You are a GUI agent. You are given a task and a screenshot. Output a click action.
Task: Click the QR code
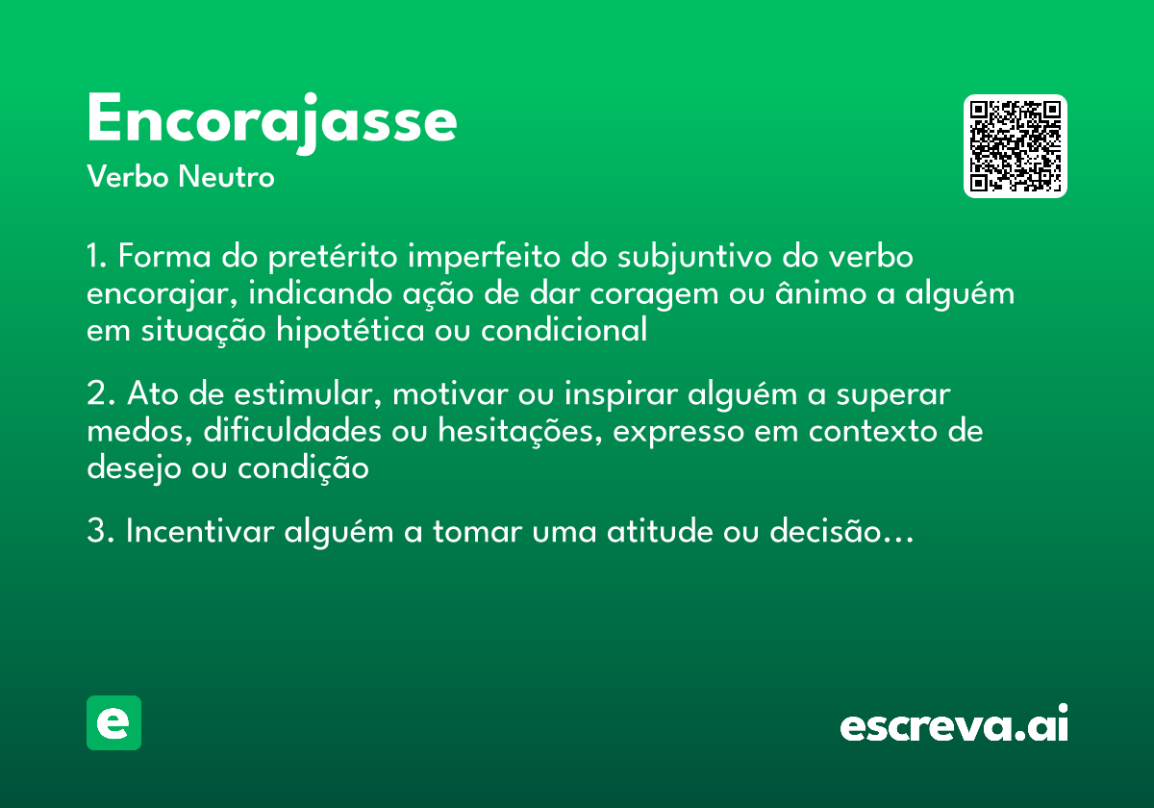[x=1016, y=146]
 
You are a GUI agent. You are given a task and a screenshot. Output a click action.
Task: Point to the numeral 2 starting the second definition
[x=95, y=395]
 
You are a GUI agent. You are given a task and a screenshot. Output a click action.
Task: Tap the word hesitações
[x=519, y=431]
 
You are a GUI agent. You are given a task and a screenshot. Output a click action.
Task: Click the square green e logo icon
[x=113, y=722]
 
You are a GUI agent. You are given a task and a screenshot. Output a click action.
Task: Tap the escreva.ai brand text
[x=954, y=724]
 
